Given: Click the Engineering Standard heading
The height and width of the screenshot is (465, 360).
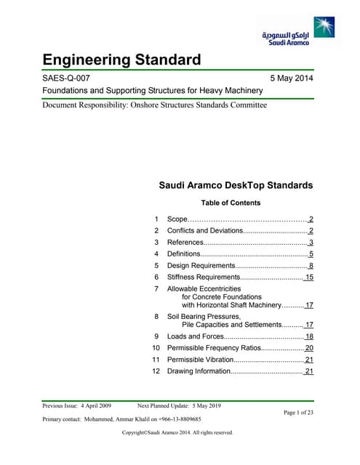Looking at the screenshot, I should pyautogui.click(x=121, y=60).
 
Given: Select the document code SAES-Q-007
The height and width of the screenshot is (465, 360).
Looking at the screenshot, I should pyautogui.click(x=68, y=78).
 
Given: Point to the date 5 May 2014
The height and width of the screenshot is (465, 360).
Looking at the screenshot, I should pyautogui.click(x=291, y=78).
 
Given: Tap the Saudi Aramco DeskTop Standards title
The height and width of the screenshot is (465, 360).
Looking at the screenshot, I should pyautogui.click(x=236, y=185).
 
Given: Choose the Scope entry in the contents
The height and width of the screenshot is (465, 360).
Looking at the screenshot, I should pyautogui.click(x=177, y=219).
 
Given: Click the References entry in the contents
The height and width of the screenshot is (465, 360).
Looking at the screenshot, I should pyautogui.click(x=185, y=243).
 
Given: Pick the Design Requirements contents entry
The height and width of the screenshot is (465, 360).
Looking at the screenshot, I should pyautogui.click(x=204, y=266).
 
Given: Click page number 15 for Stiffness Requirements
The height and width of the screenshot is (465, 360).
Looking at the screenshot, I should pyautogui.click(x=308, y=278).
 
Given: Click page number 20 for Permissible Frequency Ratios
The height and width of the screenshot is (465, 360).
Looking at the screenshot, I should pyautogui.click(x=308, y=348).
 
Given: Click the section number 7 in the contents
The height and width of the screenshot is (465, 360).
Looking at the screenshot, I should pyautogui.click(x=156, y=289).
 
